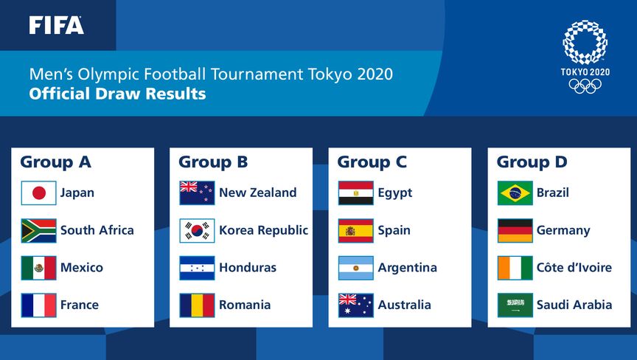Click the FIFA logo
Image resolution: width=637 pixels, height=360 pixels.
click(57, 25)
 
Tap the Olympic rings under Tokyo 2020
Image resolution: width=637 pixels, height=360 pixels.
click(585, 86)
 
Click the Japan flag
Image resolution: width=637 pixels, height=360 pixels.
click(38, 193)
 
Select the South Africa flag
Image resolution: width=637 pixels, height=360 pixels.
click(38, 230)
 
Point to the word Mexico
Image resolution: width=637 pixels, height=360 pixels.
click(82, 267)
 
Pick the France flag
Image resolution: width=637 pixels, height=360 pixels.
click(38, 305)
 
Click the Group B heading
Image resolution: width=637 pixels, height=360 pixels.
click(213, 162)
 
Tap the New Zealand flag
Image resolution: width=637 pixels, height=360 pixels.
click(197, 193)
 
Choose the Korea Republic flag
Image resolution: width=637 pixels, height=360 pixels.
click(197, 230)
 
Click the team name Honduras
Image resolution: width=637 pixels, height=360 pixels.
click(248, 267)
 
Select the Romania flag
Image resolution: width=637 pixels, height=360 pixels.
click(197, 305)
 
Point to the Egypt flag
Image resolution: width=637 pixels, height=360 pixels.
click(356, 193)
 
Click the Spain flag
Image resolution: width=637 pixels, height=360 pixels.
click(356, 230)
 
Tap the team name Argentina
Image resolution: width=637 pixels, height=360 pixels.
click(408, 267)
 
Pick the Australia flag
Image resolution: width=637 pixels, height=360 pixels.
click(356, 305)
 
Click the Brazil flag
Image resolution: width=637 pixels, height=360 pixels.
click(515, 193)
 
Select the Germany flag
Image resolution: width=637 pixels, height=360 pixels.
click(515, 230)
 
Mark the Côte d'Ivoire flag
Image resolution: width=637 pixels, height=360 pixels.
click(515, 268)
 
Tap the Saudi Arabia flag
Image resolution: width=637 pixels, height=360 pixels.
click(515, 305)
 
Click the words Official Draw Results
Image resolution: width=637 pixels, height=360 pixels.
click(117, 94)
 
